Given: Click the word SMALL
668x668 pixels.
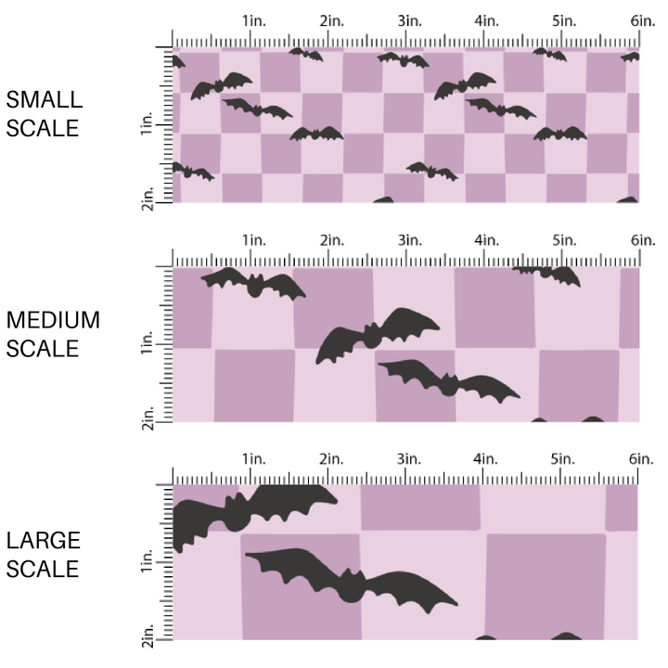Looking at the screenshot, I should click(x=44, y=100).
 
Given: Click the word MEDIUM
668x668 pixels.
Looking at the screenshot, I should click(x=53, y=321).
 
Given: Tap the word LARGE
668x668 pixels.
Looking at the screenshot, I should click(x=44, y=541).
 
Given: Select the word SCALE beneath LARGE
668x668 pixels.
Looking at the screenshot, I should click(x=44, y=569).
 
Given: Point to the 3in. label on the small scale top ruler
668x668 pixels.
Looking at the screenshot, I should click(x=406, y=20).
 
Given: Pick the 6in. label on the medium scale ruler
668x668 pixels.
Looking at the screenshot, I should click(x=642, y=240).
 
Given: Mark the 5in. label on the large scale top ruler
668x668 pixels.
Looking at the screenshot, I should click(x=562, y=459).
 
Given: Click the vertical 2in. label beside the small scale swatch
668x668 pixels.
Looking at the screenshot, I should click(x=148, y=197).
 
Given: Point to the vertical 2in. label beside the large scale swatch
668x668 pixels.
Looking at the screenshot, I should click(x=148, y=635).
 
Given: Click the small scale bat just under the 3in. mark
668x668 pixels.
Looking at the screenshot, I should click(x=404, y=60).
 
